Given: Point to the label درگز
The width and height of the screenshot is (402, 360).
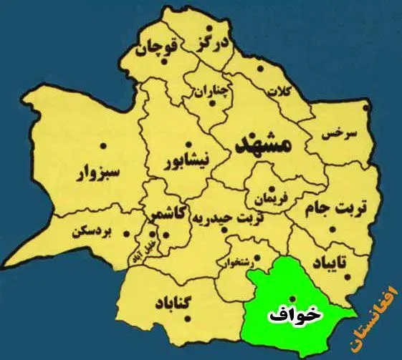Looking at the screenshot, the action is coord(213,43).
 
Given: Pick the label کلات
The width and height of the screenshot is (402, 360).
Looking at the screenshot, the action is coord(277,92).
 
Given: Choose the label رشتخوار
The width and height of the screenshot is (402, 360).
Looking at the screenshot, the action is coord(240,262).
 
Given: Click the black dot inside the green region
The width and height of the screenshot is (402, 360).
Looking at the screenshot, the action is coord(292,298).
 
